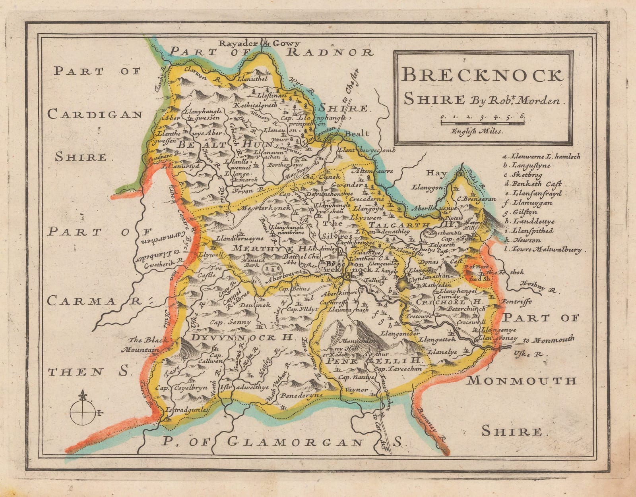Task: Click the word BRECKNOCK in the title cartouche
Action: click(x=482, y=75)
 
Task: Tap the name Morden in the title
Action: click(x=546, y=101)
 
